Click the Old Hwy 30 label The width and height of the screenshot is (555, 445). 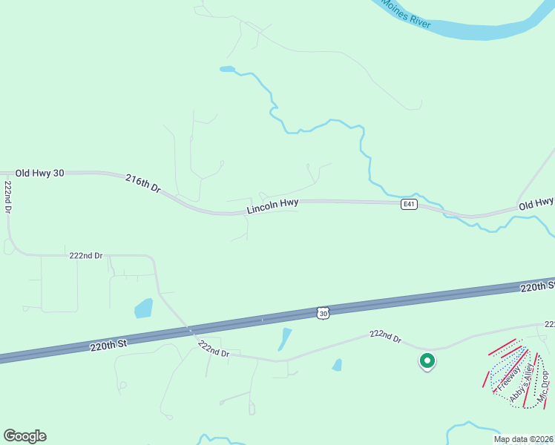click(x=39, y=173)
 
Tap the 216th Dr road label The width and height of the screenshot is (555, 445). click(x=143, y=183)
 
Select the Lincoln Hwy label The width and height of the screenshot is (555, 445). click(x=272, y=205)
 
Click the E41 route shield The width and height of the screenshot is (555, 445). click(x=408, y=204)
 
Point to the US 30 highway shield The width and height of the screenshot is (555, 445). click(x=322, y=314)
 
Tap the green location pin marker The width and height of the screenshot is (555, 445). click(x=427, y=361)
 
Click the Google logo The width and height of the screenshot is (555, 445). click(x=24, y=436)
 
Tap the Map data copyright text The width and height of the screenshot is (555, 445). click(x=523, y=439)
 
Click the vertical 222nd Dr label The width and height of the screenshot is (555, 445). click(x=8, y=198)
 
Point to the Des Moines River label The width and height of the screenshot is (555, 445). click(x=404, y=11)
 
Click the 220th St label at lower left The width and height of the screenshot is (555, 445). click(x=109, y=344)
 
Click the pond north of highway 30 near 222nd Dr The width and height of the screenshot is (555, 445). click(x=143, y=308)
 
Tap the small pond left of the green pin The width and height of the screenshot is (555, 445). click(x=337, y=365)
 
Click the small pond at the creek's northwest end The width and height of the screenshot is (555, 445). click(x=227, y=70)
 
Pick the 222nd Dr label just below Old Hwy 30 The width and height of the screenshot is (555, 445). click(x=85, y=255)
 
